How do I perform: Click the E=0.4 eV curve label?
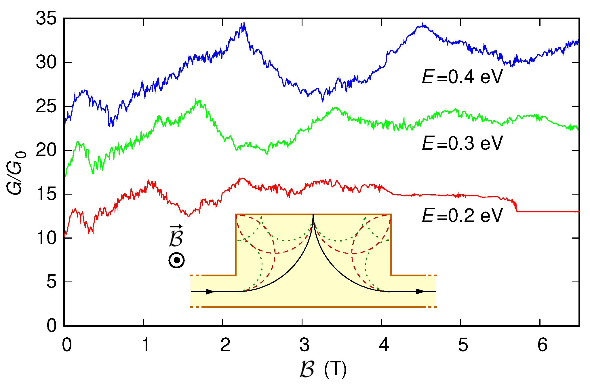[x=462, y=77]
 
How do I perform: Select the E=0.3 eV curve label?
[x=462, y=143]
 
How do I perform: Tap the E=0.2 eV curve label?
[x=462, y=215]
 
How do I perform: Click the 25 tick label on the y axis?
[x=46, y=107]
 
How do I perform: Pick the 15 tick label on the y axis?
[x=46, y=194]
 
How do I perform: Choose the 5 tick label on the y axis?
[x=52, y=282]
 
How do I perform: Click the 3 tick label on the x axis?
[x=304, y=345]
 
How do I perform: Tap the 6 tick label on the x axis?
[x=542, y=345]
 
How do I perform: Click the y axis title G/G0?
[x=16, y=173]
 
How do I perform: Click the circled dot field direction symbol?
[x=176, y=260]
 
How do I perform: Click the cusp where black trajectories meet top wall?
[x=313, y=215]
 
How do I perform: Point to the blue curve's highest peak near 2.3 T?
[x=244, y=24]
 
